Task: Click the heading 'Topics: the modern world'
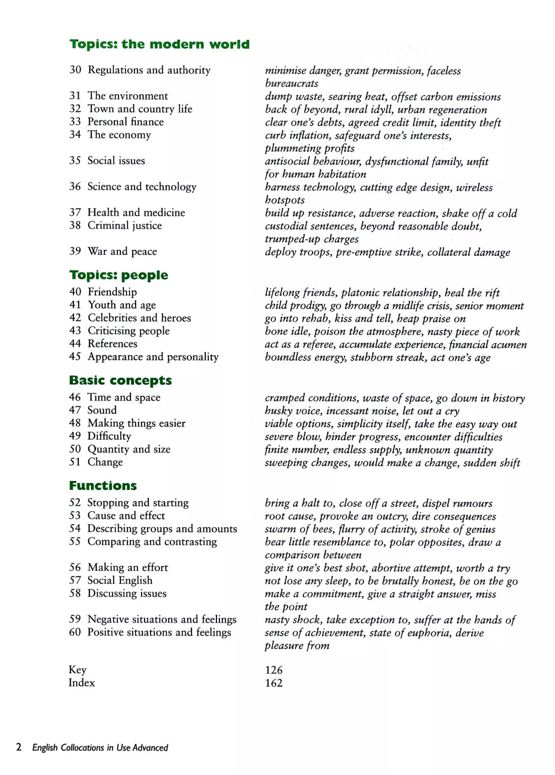160,44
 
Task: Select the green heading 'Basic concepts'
120,380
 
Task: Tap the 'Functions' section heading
103,486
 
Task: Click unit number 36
75,187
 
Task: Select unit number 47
75,410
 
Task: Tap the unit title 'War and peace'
122,251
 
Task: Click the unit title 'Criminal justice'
125,226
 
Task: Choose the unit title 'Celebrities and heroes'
139,318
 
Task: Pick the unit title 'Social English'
120,580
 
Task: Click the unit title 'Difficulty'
109,436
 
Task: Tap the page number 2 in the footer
19,747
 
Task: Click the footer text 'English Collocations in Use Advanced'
100,748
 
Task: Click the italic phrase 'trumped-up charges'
311,239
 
